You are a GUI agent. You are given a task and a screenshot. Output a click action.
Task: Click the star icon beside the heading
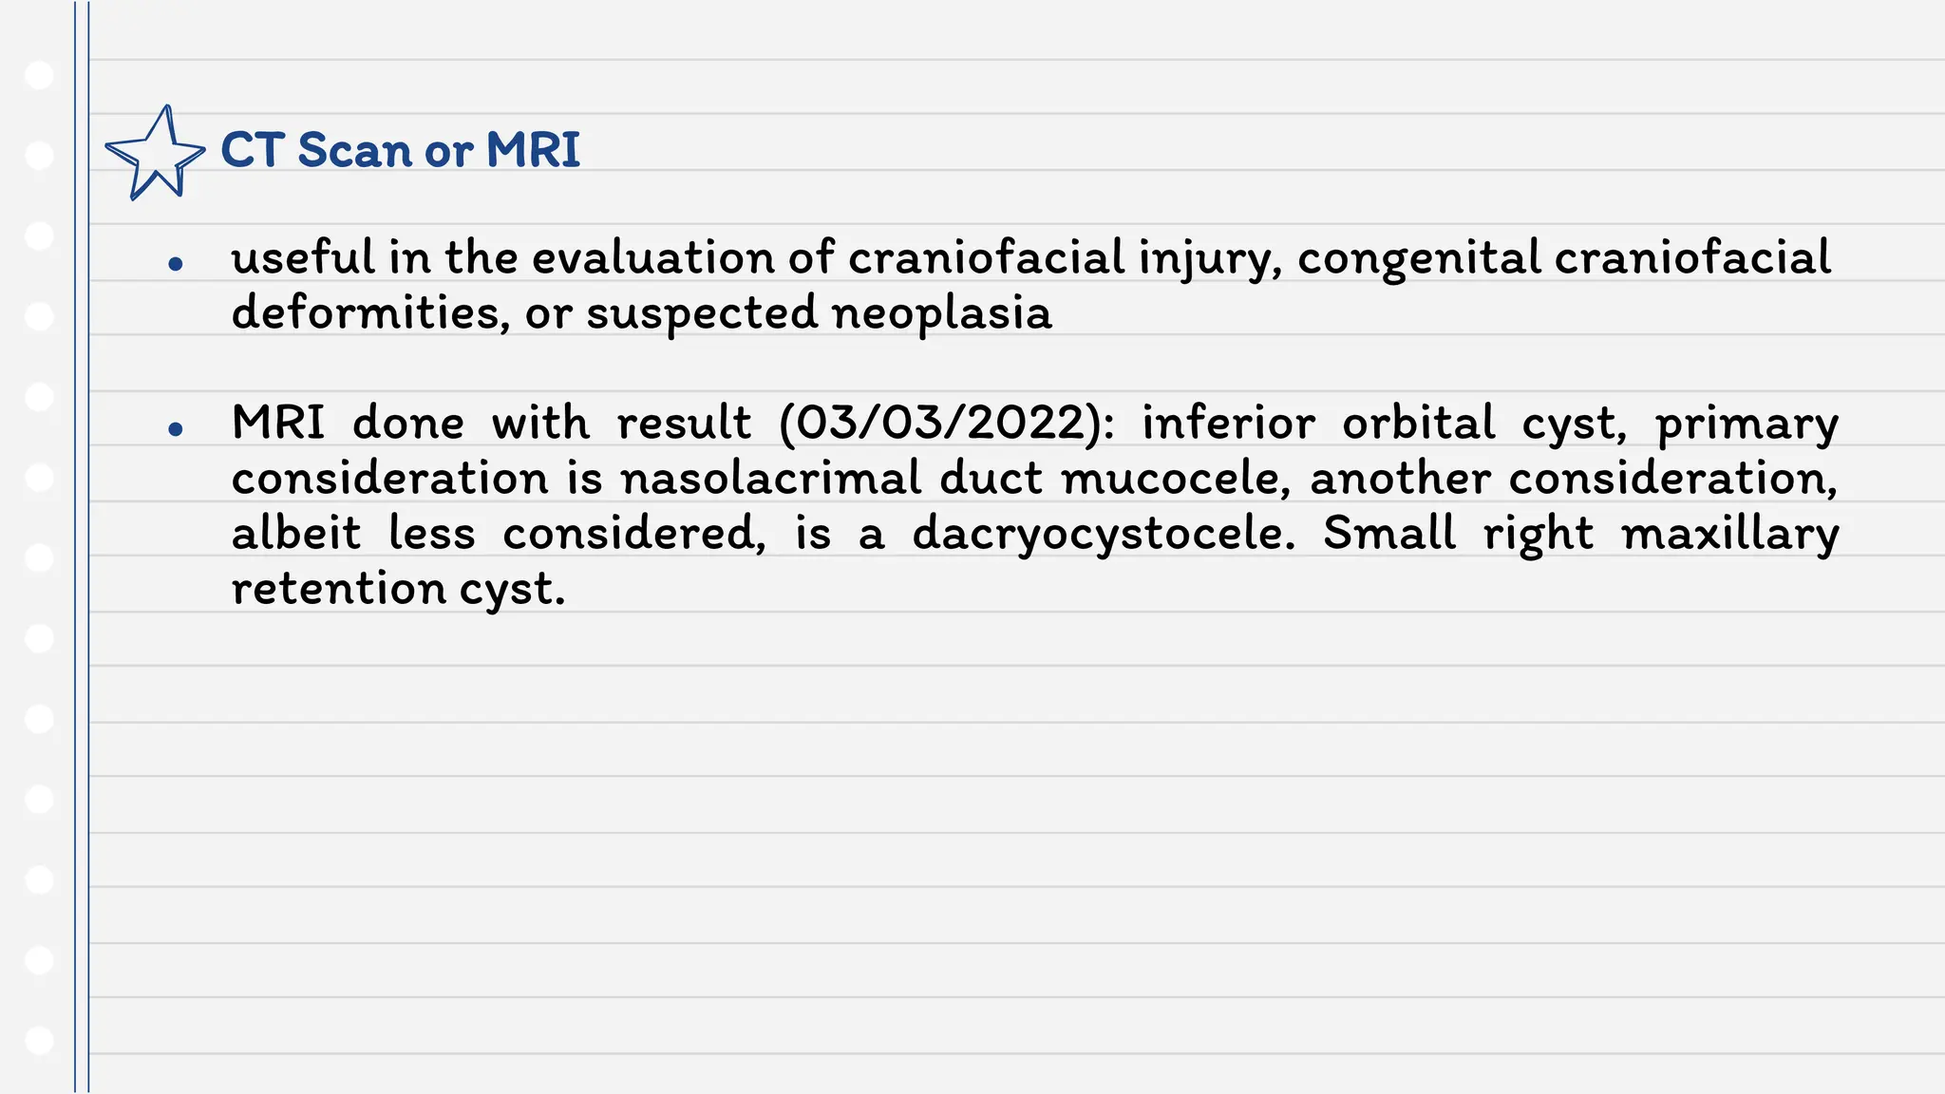click(x=154, y=153)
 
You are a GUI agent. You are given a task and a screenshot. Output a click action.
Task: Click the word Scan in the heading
click(x=353, y=150)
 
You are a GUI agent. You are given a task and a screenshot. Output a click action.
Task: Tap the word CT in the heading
click(x=253, y=150)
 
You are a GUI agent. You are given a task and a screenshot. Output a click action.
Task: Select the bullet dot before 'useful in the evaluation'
click(x=175, y=264)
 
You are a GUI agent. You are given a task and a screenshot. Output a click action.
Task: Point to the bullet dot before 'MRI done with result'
click(x=175, y=429)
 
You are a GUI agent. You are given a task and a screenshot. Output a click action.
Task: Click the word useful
click(x=303, y=257)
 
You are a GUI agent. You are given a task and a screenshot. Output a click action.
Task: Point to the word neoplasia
click(x=941, y=314)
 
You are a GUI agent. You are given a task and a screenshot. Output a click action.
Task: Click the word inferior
click(x=1228, y=424)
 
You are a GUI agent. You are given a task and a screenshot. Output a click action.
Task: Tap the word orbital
click(x=1418, y=424)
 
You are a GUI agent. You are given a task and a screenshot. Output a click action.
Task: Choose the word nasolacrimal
click(x=770, y=478)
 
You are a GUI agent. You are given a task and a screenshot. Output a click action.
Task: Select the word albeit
click(x=296, y=533)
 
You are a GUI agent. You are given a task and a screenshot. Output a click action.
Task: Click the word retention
click(x=339, y=589)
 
